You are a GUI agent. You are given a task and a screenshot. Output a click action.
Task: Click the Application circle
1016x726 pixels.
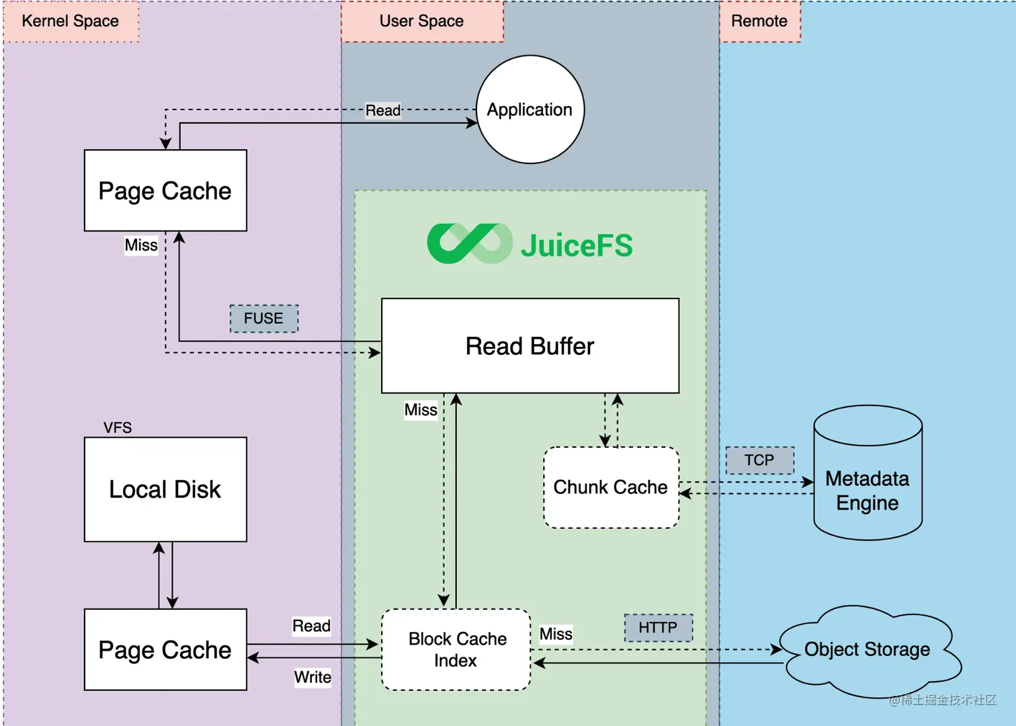[530, 110]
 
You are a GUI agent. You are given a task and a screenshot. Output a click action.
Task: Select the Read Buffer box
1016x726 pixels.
[530, 346]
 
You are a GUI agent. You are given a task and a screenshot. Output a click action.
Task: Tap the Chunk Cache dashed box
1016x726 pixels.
[610, 487]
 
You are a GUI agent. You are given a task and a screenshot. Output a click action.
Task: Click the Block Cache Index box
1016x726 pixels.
[456, 649]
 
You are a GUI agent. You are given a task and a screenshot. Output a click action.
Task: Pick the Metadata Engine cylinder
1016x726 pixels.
[867, 484]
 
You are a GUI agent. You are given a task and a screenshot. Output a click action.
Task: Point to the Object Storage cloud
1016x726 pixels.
[867, 649]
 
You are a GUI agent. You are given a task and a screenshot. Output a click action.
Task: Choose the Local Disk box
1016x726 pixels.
[165, 489]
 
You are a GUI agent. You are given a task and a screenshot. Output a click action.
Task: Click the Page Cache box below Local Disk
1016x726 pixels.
[165, 649]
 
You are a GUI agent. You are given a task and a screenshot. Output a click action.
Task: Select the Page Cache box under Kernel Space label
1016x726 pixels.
[165, 191]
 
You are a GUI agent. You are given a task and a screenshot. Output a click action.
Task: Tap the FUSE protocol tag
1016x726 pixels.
[263, 318]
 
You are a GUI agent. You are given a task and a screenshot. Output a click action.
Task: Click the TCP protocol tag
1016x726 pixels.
[759, 460]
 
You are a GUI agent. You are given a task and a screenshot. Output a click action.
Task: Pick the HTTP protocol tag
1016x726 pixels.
[658, 628]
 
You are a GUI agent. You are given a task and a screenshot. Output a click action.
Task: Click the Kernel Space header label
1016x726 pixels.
[71, 22]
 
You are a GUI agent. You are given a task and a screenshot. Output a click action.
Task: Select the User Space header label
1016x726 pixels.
[421, 22]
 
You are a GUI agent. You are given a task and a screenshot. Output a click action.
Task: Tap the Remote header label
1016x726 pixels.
[759, 22]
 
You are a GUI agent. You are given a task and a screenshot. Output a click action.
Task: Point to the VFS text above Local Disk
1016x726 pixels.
[118, 428]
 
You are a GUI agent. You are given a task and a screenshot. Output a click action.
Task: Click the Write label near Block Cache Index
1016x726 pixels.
[312, 677]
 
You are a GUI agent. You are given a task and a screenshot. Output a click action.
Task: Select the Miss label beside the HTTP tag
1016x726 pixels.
[556, 634]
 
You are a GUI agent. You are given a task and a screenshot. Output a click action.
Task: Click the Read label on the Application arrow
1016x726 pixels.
[383, 110]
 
